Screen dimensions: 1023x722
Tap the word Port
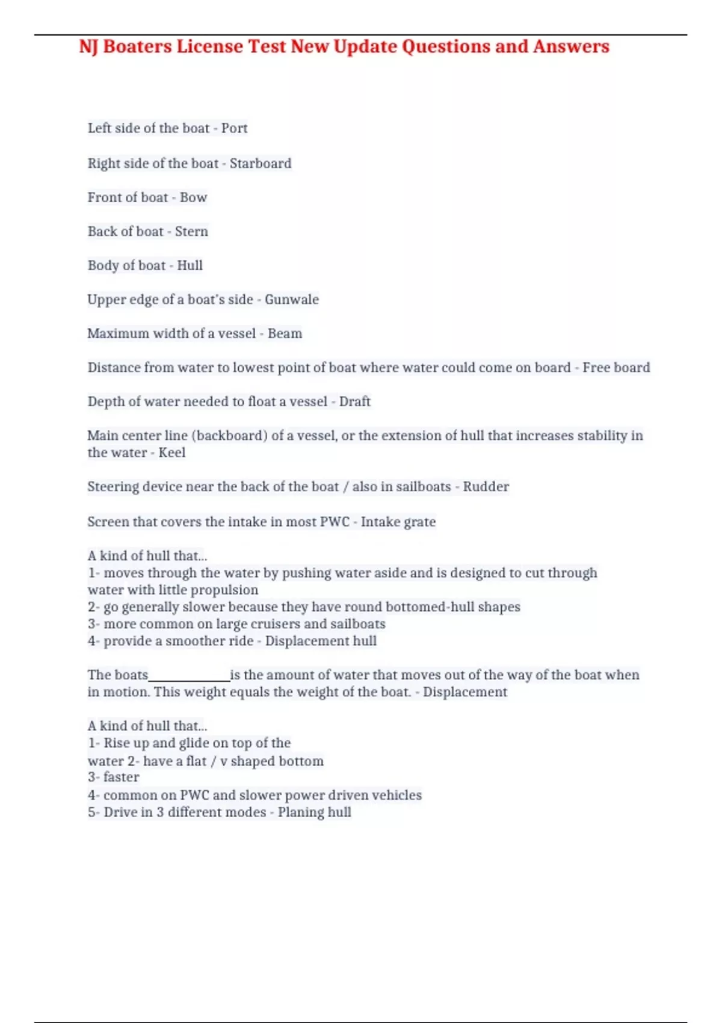[x=234, y=128]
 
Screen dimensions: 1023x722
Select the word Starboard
[x=261, y=163]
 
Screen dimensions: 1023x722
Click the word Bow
[x=193, y=197]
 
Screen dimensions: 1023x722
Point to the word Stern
[x=191, y=232]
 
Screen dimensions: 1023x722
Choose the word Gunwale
[x=292, y=300]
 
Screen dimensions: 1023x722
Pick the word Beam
[x=285, y=333]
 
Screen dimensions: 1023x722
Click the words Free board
[x=616, y=368]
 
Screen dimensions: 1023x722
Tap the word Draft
[x=354, y=401]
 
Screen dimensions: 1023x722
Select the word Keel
[x=171, y=453]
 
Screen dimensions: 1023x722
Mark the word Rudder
[x=486, y=487]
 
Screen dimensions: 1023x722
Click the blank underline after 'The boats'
[x=189, y=675]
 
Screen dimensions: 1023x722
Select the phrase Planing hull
[x=314, y=812]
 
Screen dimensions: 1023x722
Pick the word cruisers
[x=271, y=624]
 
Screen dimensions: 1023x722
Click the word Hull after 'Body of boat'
[x=190, y=265]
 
